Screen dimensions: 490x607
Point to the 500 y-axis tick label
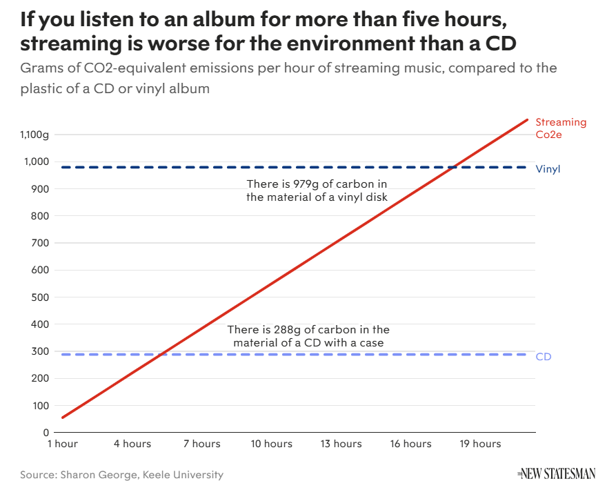[x=39, y=297]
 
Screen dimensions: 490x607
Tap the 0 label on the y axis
[x=46, y=433]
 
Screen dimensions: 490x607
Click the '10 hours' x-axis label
[x=272, y=444]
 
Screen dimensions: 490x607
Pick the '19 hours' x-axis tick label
[x=481, y=444]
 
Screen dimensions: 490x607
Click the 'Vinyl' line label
[x=548, y=168]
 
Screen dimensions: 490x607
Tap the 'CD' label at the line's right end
[x=544, y=357]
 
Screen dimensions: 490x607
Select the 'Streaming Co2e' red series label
[x=560, y=128]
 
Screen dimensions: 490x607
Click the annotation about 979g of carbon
[x=317, y=190]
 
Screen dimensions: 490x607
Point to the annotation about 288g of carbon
[x=308, y=336]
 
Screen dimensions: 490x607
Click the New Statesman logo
[x=555, y=474]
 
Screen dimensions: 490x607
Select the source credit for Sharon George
[x=121, y=475]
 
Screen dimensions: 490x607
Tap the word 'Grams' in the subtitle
[x=41, y=68]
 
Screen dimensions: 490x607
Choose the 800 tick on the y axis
[x=39, y=216]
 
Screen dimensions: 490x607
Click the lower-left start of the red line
[x=63, y=418]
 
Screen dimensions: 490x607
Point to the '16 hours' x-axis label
[x=411, y=444]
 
